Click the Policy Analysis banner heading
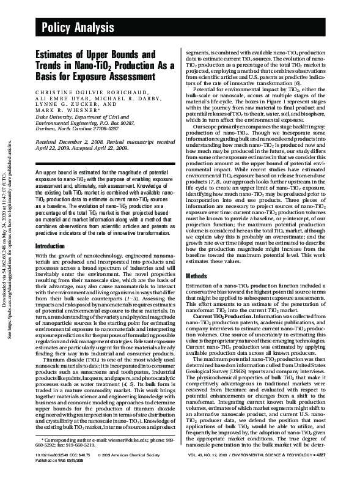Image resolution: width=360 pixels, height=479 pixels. click(74, 25)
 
